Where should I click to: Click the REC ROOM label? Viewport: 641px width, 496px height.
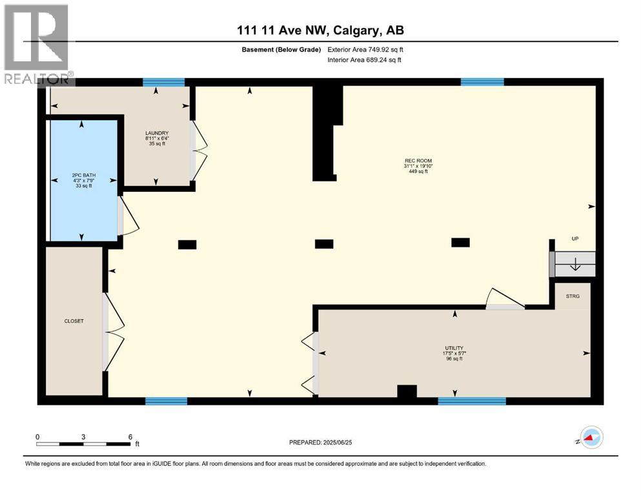click(418, 161)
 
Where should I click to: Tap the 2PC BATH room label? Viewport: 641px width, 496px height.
click(82, 175)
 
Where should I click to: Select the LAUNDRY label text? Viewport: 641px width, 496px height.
click(156, 134)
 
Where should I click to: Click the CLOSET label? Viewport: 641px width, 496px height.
click(74, 321)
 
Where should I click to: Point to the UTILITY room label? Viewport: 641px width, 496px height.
click(454, 347)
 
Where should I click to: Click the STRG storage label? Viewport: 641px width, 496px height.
click(573, 296)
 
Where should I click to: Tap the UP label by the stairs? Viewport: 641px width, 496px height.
click(575, 239)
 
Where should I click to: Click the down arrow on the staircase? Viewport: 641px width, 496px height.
click(575, 264)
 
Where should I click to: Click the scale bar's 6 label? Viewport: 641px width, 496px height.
click(130, 437)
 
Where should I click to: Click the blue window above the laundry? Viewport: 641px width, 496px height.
click(163, 82)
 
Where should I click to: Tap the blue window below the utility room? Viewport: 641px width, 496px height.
click(471, 401)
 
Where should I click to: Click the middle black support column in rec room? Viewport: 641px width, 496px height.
click(323, 243)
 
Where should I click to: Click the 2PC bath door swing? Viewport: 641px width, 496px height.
click(128, 216)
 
